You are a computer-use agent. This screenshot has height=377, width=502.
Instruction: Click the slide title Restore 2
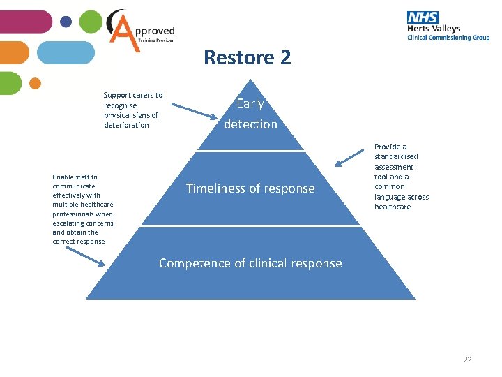[x=247, y=57]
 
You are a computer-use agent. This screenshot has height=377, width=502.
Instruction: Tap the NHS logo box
[x=423, y=17]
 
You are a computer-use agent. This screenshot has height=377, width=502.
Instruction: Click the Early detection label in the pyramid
[x=250, y=114]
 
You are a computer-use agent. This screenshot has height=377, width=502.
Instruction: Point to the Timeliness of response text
[x=250, y=188]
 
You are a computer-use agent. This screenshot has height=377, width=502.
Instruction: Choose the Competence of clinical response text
[x=250, y=263]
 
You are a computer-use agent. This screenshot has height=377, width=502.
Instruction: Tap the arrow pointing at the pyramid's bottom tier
[x=88, y=258]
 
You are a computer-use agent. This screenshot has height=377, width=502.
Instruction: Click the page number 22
[x=467, y=360]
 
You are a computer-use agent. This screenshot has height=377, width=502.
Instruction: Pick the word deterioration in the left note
[x=126, y=125]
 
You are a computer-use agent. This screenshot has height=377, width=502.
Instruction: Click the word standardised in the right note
[x=396, y=157]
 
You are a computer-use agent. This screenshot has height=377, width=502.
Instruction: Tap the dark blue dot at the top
[x=66, y=22]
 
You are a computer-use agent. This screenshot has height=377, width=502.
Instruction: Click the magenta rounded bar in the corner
[x=24, y=22]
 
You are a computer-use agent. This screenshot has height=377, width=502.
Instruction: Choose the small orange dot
[x=36, y=83]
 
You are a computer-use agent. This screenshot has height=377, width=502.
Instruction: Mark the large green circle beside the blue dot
[x=91, y=22]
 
